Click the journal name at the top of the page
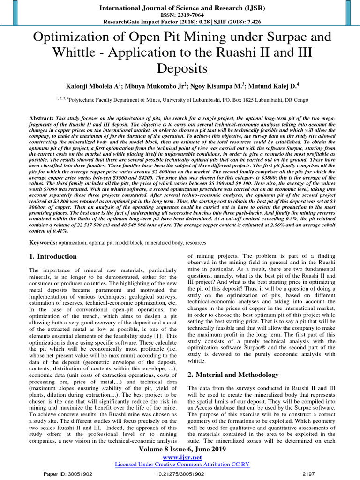180,7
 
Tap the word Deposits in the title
180,69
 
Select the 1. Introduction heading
53,257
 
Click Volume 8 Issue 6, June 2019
180,449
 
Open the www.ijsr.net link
180,457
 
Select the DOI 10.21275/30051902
180,474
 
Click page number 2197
309,474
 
